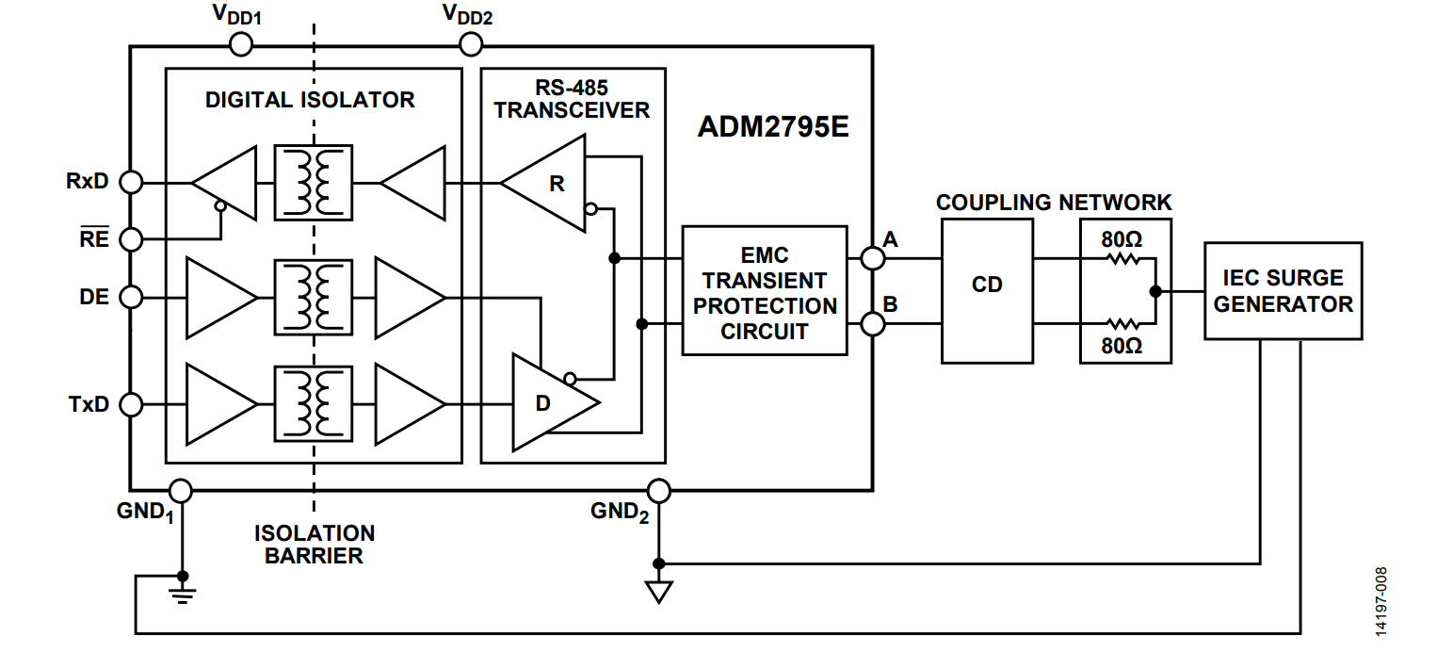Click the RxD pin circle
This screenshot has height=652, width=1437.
pos(132,182)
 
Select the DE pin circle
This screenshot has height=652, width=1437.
pos(132,297)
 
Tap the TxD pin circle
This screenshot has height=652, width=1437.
pos(132,404)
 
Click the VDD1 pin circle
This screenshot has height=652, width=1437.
pos(241,45)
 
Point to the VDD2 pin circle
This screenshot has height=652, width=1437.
pos(471,45)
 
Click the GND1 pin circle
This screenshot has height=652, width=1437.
pos(181,491)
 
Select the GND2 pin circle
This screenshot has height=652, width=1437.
pos(659,491)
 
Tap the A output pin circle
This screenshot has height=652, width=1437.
pos(872,258)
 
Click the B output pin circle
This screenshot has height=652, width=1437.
pos(872,324)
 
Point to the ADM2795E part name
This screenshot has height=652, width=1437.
pos(773,126)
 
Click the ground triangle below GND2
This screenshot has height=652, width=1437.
pos(659,592)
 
